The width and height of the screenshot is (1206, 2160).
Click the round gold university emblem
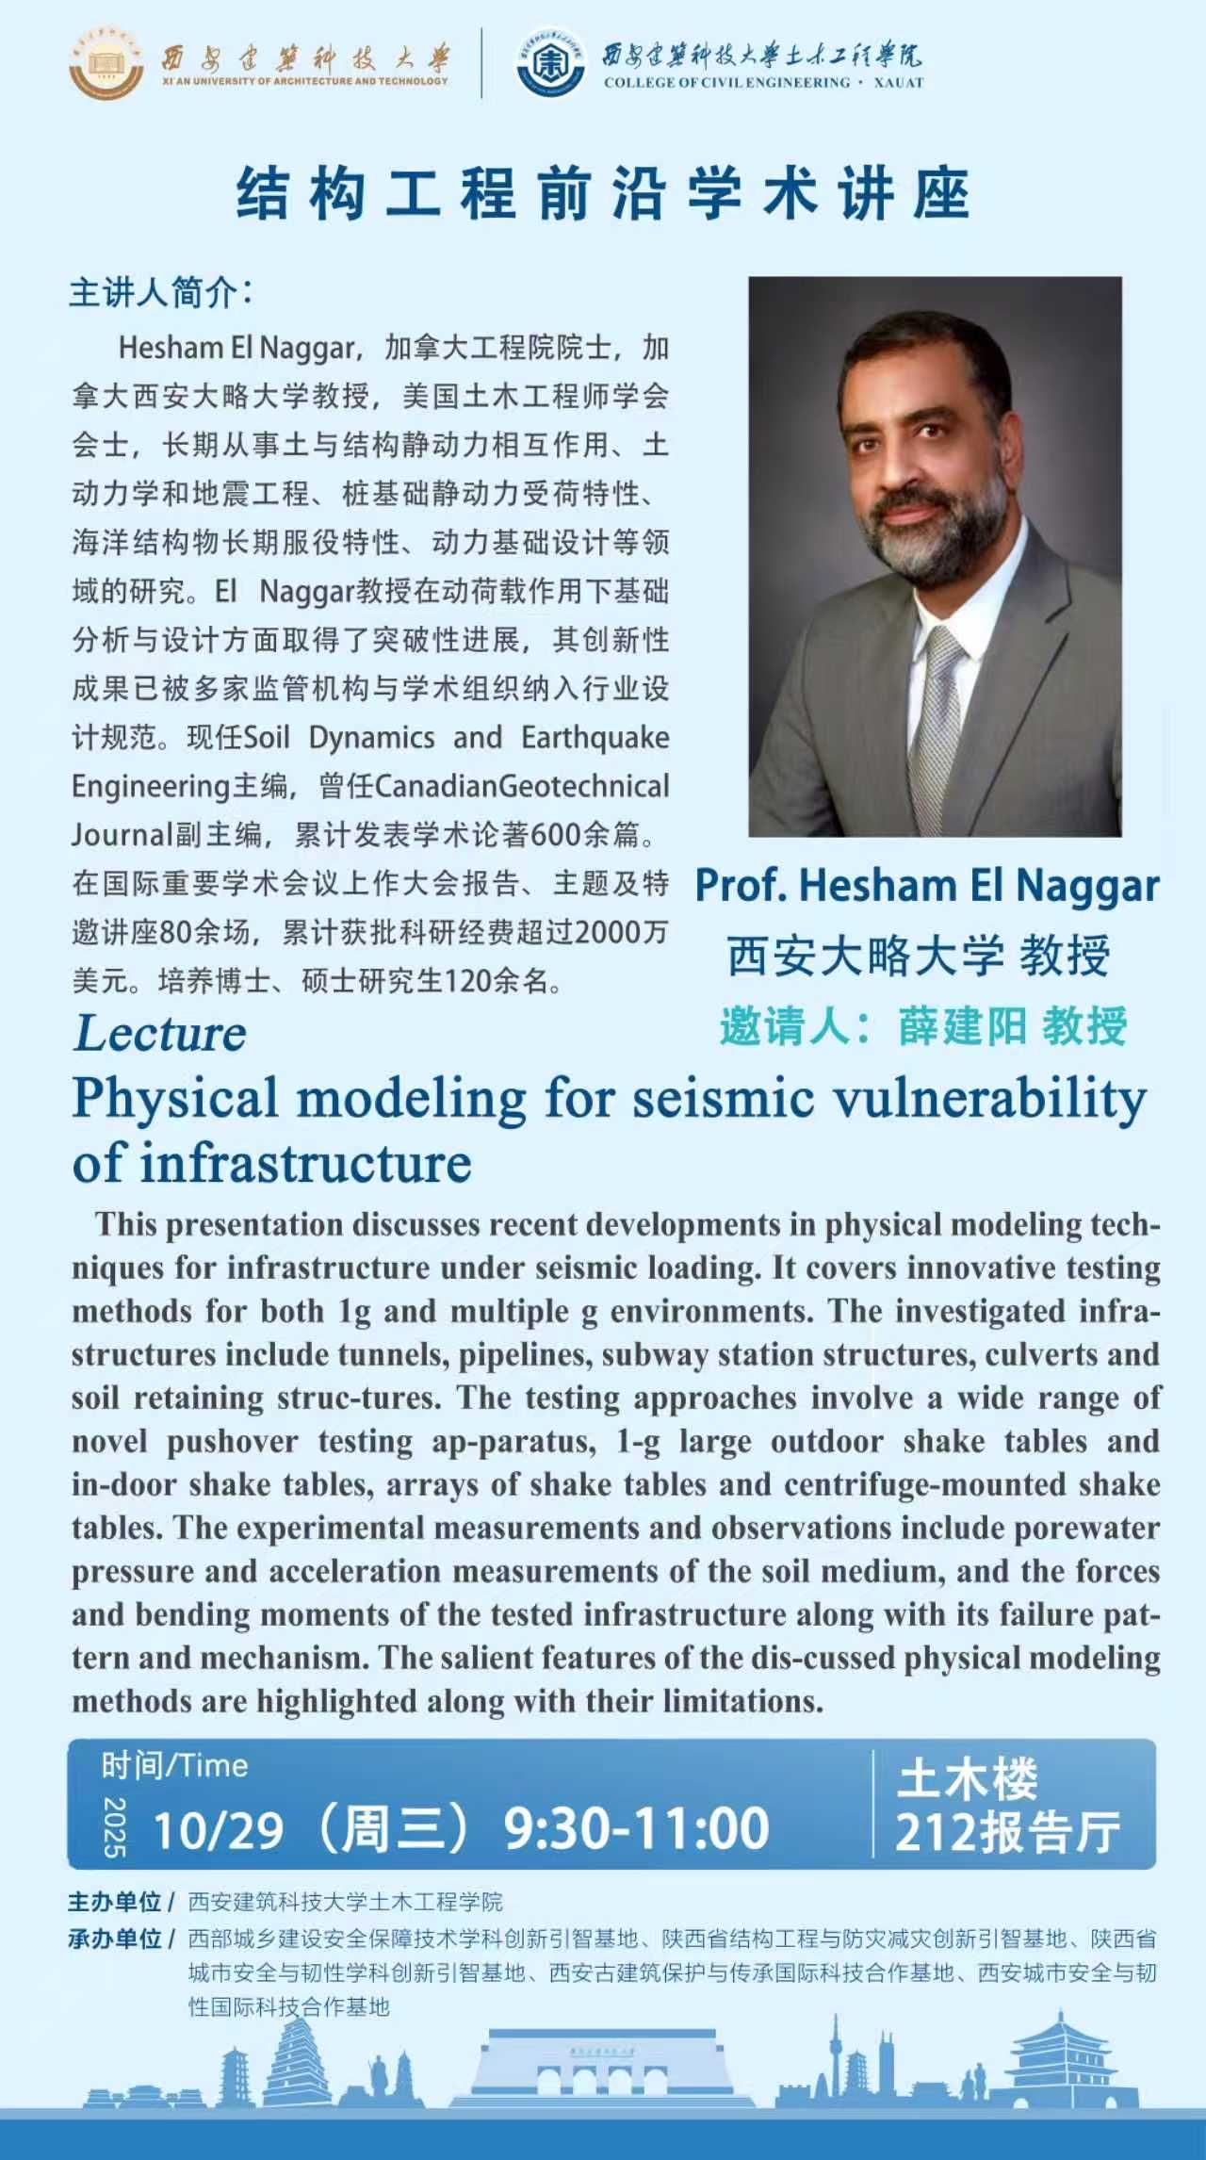pos(106,63)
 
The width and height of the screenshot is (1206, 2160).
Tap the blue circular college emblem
pos(551,63)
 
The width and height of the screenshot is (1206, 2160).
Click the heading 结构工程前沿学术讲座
pos(603,194)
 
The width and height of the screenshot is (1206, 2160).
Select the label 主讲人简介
pos(160,293)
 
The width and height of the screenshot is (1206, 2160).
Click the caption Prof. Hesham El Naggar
pos(927,886)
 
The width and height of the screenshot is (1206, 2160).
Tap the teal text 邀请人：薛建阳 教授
pos(923,1026)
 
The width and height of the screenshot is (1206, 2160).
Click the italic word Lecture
pos(160,1034)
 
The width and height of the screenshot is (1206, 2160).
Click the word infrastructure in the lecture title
pos(305,1164)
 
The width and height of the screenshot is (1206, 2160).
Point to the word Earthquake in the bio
pos(595,738)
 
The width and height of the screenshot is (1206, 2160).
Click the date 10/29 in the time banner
pos(218,1830)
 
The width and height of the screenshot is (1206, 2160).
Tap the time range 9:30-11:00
pos(637,1828)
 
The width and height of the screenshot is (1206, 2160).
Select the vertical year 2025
pos(114,1827)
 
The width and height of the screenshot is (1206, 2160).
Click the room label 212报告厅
pos(1007,1832)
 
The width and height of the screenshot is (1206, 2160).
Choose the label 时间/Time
pos(174,1766)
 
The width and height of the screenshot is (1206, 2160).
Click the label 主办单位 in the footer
pos(115,1903)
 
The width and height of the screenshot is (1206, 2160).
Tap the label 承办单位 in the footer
pos(115,1939)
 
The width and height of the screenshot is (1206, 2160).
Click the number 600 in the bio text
pos(556,835)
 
